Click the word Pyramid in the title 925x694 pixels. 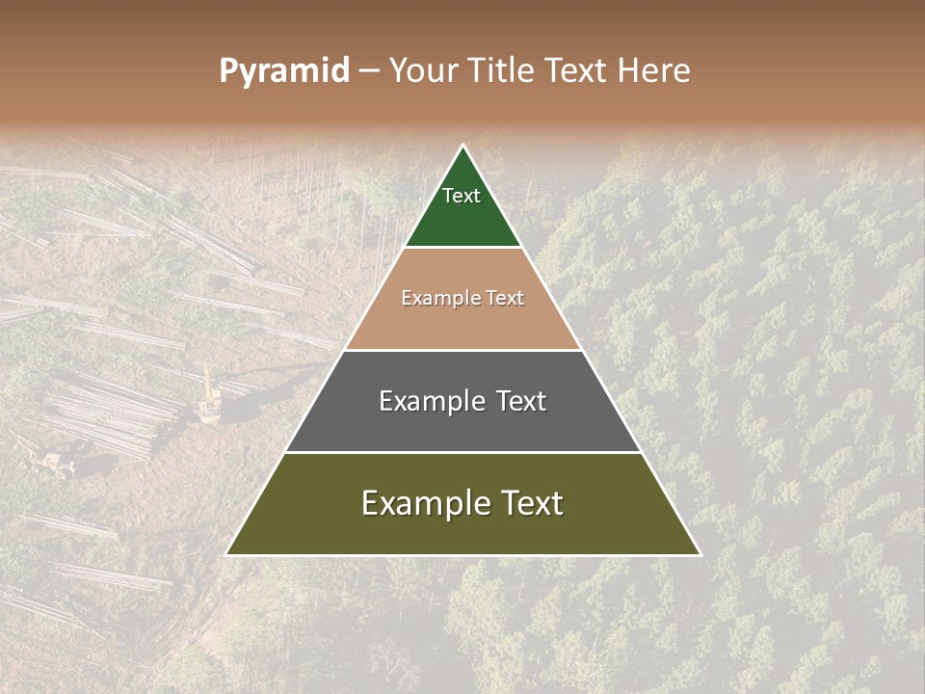(284, 71)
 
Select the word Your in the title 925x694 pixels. (425, 71)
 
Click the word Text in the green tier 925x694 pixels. (462, 196)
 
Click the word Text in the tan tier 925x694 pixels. (503, 299)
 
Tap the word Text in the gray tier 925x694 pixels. (520, 401)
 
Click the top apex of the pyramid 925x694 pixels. (463, 146)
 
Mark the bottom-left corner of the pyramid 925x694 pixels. (226, 554)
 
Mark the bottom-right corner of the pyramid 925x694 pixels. (700, 554)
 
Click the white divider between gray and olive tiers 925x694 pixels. (463, 452)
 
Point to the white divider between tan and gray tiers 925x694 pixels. (463, 350)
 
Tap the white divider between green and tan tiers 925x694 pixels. (463, 248)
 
